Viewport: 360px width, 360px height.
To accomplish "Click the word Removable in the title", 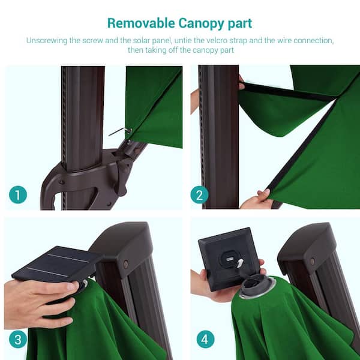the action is pyautogui.click(x=141, y=23).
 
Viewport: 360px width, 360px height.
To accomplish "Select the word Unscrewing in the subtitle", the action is pyautogui.click(x=47, y=41).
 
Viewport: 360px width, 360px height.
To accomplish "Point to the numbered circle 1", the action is pyautogui.click(x=18, y=194).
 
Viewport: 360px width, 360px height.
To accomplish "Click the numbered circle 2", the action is pyautogui.click(x=200, y=194).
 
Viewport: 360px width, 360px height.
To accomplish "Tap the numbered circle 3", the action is pyautogui.click(x=18, y=340).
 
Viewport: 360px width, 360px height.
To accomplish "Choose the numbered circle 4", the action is pyautogui.click(x=205, y=340).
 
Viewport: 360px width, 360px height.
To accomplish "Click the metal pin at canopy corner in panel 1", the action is pyautogui.click(x=121, y=131).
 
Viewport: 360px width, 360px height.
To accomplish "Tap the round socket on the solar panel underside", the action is pyautogui.click(x=230, y=259).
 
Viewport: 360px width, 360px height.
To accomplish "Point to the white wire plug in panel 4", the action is pyautogui.click(x=240, y=265).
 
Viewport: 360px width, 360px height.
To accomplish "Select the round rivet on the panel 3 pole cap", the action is pyautogui.click(x=126, y=264).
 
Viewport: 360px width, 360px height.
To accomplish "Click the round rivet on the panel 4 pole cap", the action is pyautogui.click(x=313, y=261).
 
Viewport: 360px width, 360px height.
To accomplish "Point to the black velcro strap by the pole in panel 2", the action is pyautogui.click(x=287, y=91).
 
